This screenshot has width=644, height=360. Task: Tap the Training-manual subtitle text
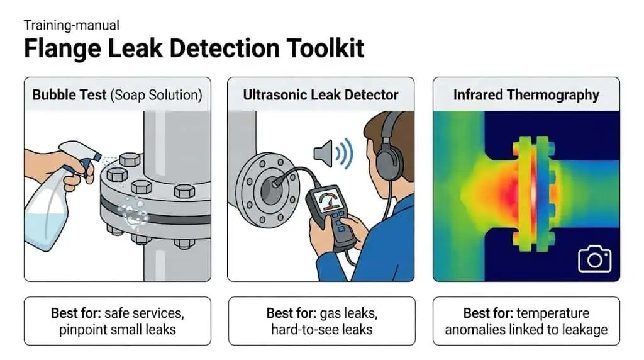click(72, 25)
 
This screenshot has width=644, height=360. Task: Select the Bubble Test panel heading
click(117, 95)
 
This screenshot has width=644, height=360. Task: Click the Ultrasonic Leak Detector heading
click(320, 95)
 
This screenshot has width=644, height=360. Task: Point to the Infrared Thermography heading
click(526, 95)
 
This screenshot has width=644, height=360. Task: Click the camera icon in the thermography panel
click(594, 259)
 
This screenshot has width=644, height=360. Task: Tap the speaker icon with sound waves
click(333, 154)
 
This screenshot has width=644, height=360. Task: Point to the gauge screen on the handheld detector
click(328, 201)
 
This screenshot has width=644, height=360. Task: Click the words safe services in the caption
click(144, 313)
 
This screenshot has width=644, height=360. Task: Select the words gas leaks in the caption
click(348, 313)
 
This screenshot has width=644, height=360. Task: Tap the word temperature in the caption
click(553, 313)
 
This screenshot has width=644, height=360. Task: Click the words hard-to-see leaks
click(322, 330)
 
